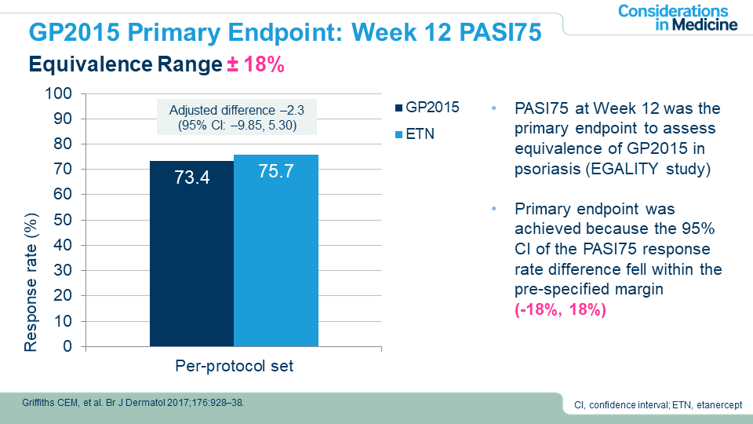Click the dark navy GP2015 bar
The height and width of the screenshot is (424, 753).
[x=191, y=259]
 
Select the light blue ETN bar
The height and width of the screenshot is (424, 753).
[x=276, y=259]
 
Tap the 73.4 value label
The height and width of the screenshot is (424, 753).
[x=191, y=178]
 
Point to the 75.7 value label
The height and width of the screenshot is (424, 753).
[x=276, y=172]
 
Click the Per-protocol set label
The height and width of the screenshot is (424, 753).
[x=234, y=367]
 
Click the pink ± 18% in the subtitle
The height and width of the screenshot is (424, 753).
[x=256, y=64]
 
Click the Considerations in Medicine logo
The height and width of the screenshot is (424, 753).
[x=677, y=17]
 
